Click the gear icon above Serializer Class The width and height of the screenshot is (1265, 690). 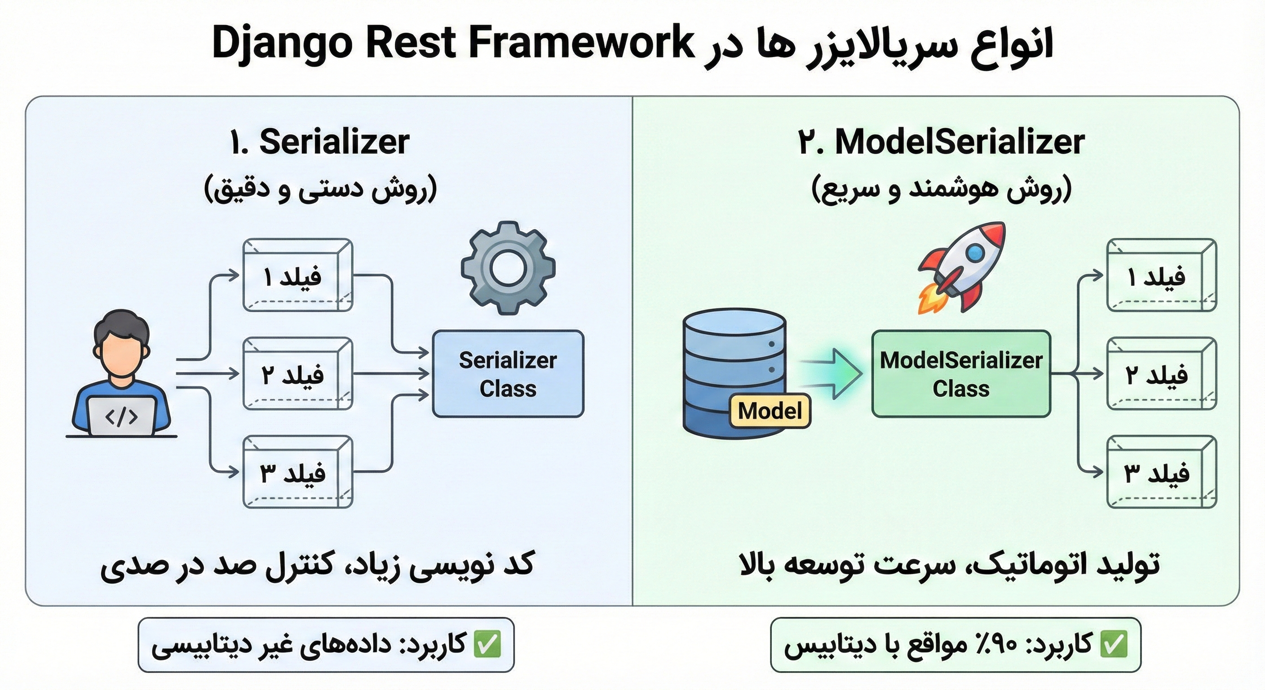[x=508, y=268]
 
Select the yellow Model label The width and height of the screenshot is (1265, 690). [x=770, y=411]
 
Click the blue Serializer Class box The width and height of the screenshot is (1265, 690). [x=508, y=374]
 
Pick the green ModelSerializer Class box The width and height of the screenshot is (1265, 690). [x=961, y=374]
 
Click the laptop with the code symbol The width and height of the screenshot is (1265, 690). [x=121, y=416]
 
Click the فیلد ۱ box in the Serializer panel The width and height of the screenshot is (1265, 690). [x=297, y=275]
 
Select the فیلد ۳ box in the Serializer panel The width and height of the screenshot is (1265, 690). [x=297, y=472]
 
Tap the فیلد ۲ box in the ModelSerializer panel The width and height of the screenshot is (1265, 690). [x=1161, y=374]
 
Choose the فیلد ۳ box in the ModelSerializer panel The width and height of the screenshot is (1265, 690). [x=1161, y=472]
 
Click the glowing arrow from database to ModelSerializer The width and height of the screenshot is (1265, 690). [x=835, y=374]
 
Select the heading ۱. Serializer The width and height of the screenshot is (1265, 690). [x=319, y=142]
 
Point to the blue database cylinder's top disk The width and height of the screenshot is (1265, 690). [x=734, y=324]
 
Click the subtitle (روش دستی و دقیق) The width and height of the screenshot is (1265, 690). [x=320, y=189]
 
